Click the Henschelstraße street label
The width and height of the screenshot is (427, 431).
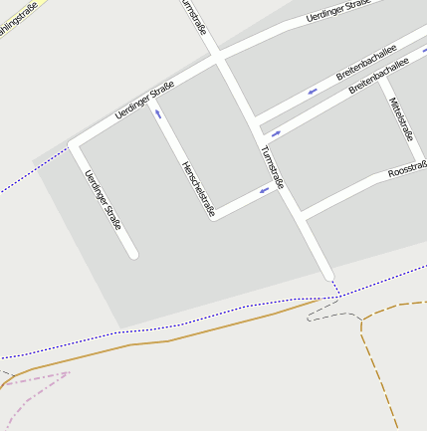point(197,188)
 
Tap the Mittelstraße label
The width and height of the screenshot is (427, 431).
point(401,120)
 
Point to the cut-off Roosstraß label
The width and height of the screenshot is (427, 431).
point(407,170)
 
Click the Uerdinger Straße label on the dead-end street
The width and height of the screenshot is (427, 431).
point(104,200)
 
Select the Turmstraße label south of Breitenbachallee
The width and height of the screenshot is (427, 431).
point(272,167)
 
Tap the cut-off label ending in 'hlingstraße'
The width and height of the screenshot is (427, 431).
point(20,21)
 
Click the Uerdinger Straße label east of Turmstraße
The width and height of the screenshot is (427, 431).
point(337,11)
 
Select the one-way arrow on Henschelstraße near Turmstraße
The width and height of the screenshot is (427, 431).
point(265,189)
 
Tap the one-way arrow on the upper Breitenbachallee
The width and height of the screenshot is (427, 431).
point(312,93)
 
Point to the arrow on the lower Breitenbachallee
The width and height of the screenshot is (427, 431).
point(275,132)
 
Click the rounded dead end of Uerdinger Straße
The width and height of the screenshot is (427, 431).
point(132,254)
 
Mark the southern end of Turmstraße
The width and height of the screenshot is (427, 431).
point(328,275)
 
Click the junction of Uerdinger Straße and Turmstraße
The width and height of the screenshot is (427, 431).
point(217,61)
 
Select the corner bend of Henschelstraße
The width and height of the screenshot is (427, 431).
point(214,215)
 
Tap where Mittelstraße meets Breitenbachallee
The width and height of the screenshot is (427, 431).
point(381,82)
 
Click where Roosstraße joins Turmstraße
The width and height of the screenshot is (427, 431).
point(301,214)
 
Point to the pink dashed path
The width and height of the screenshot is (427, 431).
point(40,380)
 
